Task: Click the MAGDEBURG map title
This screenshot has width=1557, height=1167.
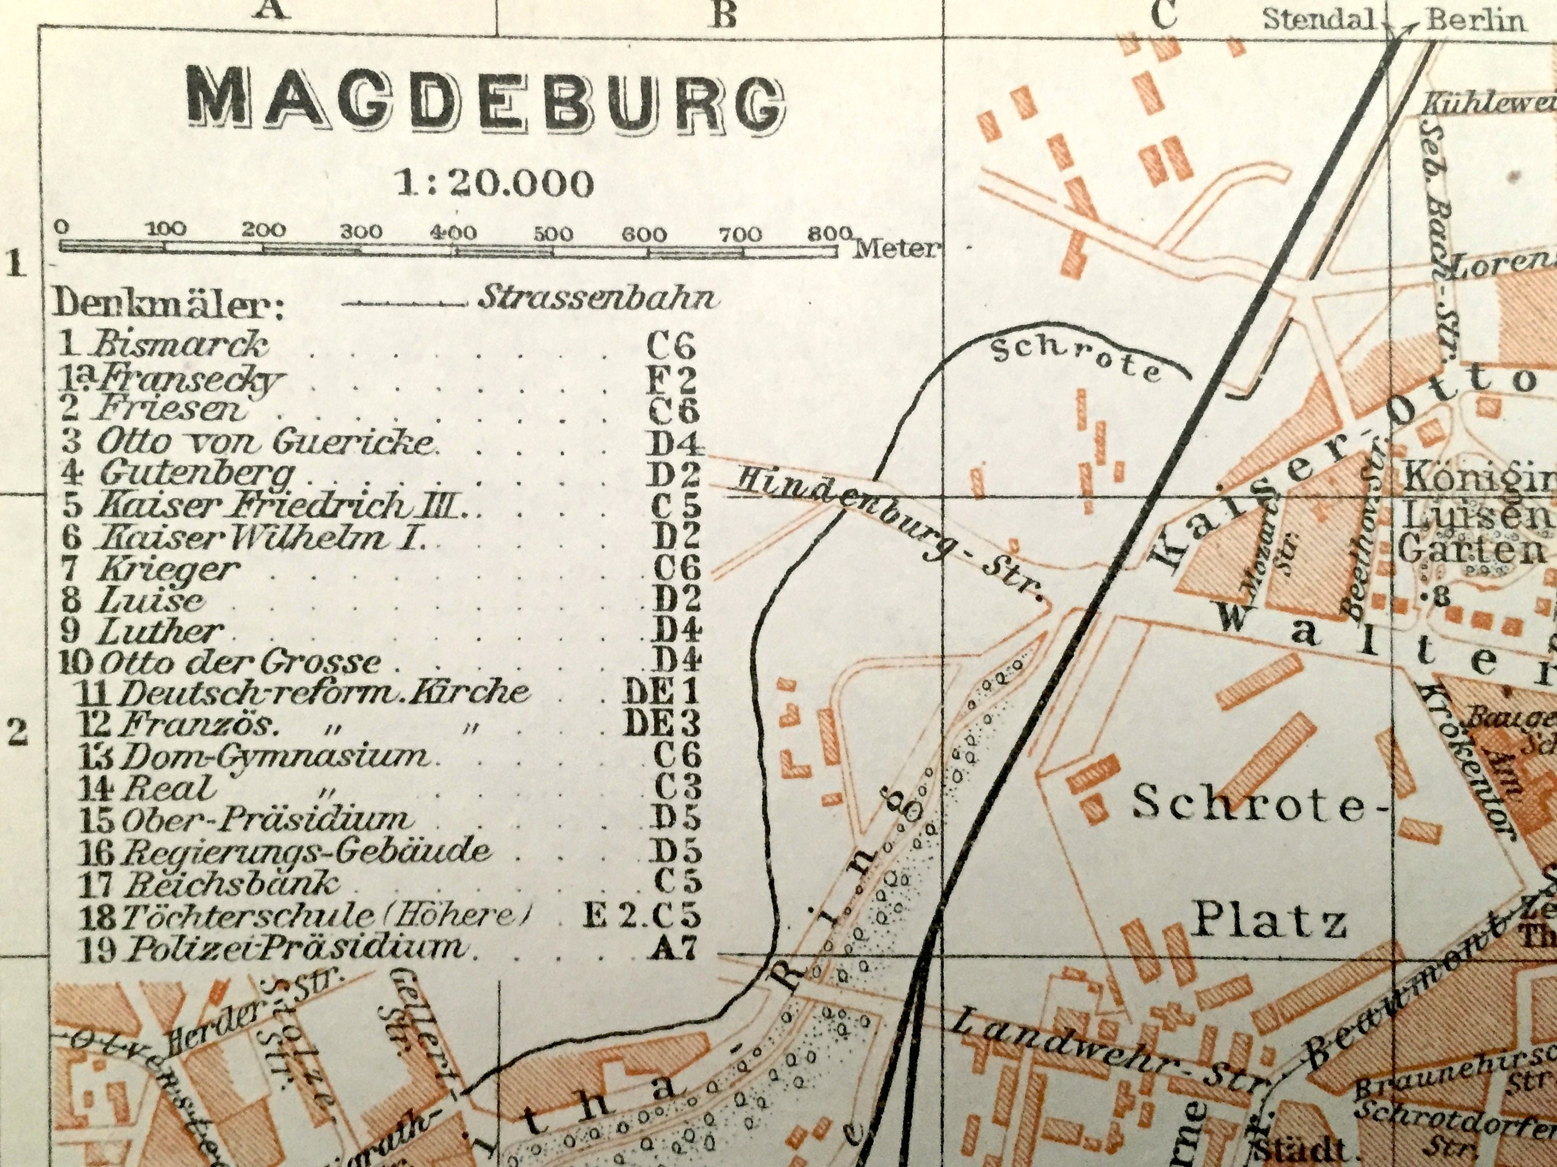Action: tap(486, 105)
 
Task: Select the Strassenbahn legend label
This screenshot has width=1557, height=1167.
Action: tap(598, 298)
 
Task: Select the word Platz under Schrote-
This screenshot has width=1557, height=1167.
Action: tap(1267, 922)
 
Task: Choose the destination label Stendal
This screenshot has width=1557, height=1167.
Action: tap(1318, 20)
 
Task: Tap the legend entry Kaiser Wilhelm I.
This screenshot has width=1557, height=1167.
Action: tap(261, 539)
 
